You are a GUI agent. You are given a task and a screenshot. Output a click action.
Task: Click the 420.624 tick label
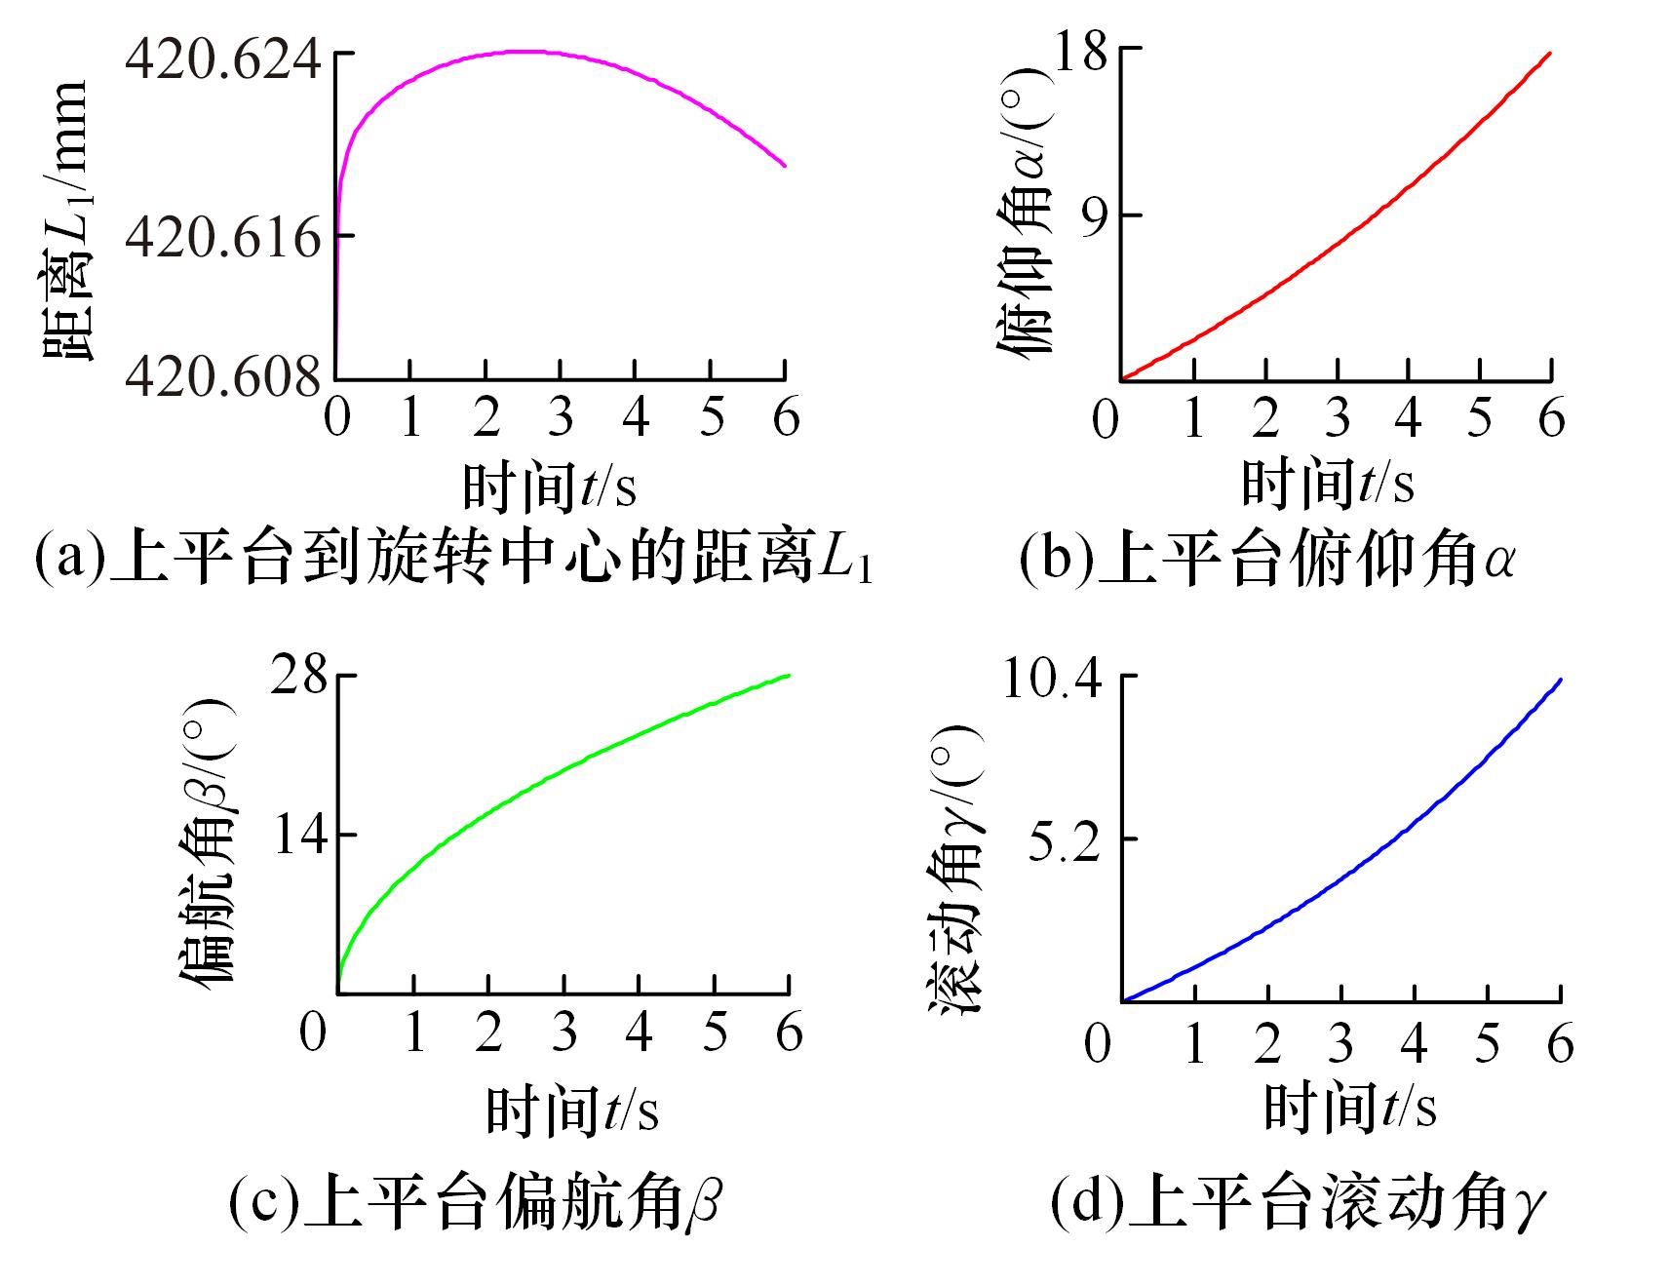coord(222,60)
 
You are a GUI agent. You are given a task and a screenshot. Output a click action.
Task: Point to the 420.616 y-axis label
coord(222,236)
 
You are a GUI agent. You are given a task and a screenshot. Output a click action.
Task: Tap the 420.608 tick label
coord(222,377)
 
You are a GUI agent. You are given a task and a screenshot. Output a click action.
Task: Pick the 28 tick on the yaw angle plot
coord(299,675)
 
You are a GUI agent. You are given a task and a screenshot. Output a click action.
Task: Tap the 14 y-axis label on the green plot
coord(299,836)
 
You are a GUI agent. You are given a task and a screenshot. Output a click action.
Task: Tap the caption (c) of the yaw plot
coord(475,1205)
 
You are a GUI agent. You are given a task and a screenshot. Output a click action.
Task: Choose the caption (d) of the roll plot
coord(1297,1205)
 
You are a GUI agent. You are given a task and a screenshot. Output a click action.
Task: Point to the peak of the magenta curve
coord(526,51)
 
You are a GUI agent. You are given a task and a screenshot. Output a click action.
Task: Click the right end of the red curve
coord(1550,54)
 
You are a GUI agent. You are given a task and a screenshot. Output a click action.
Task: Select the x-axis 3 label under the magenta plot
coord(560,417)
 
